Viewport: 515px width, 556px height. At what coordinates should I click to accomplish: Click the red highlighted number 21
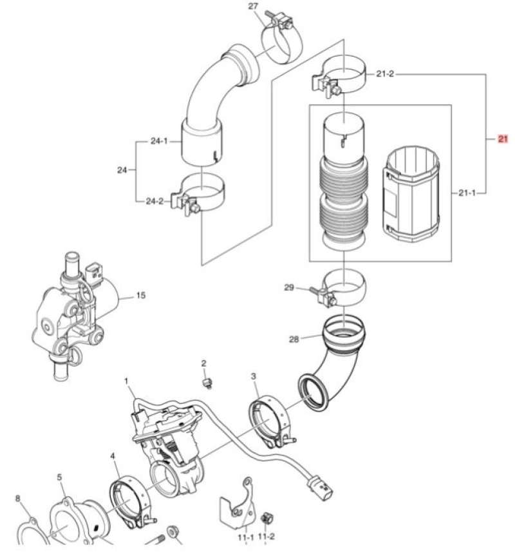(x=503, y=139)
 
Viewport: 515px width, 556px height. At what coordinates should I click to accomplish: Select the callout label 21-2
(x=385, y=74)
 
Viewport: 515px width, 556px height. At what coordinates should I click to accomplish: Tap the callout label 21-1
(x=468, y=192)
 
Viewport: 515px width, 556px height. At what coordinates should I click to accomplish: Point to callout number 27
(x=253, y=6)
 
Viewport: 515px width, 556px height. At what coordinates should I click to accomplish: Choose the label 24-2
(x=154, y=201)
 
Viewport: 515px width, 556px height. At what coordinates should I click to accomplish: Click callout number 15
(x=141, y=296)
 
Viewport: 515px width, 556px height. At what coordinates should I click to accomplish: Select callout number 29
(x=290, y=288)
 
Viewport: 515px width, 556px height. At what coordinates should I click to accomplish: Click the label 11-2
(x=266, y=536)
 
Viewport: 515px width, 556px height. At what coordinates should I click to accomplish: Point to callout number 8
(x=18, y=498)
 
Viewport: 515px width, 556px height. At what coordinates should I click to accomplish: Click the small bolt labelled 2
(x=207, y=384)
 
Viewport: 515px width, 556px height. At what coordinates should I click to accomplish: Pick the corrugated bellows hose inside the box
(x=342, y=200)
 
